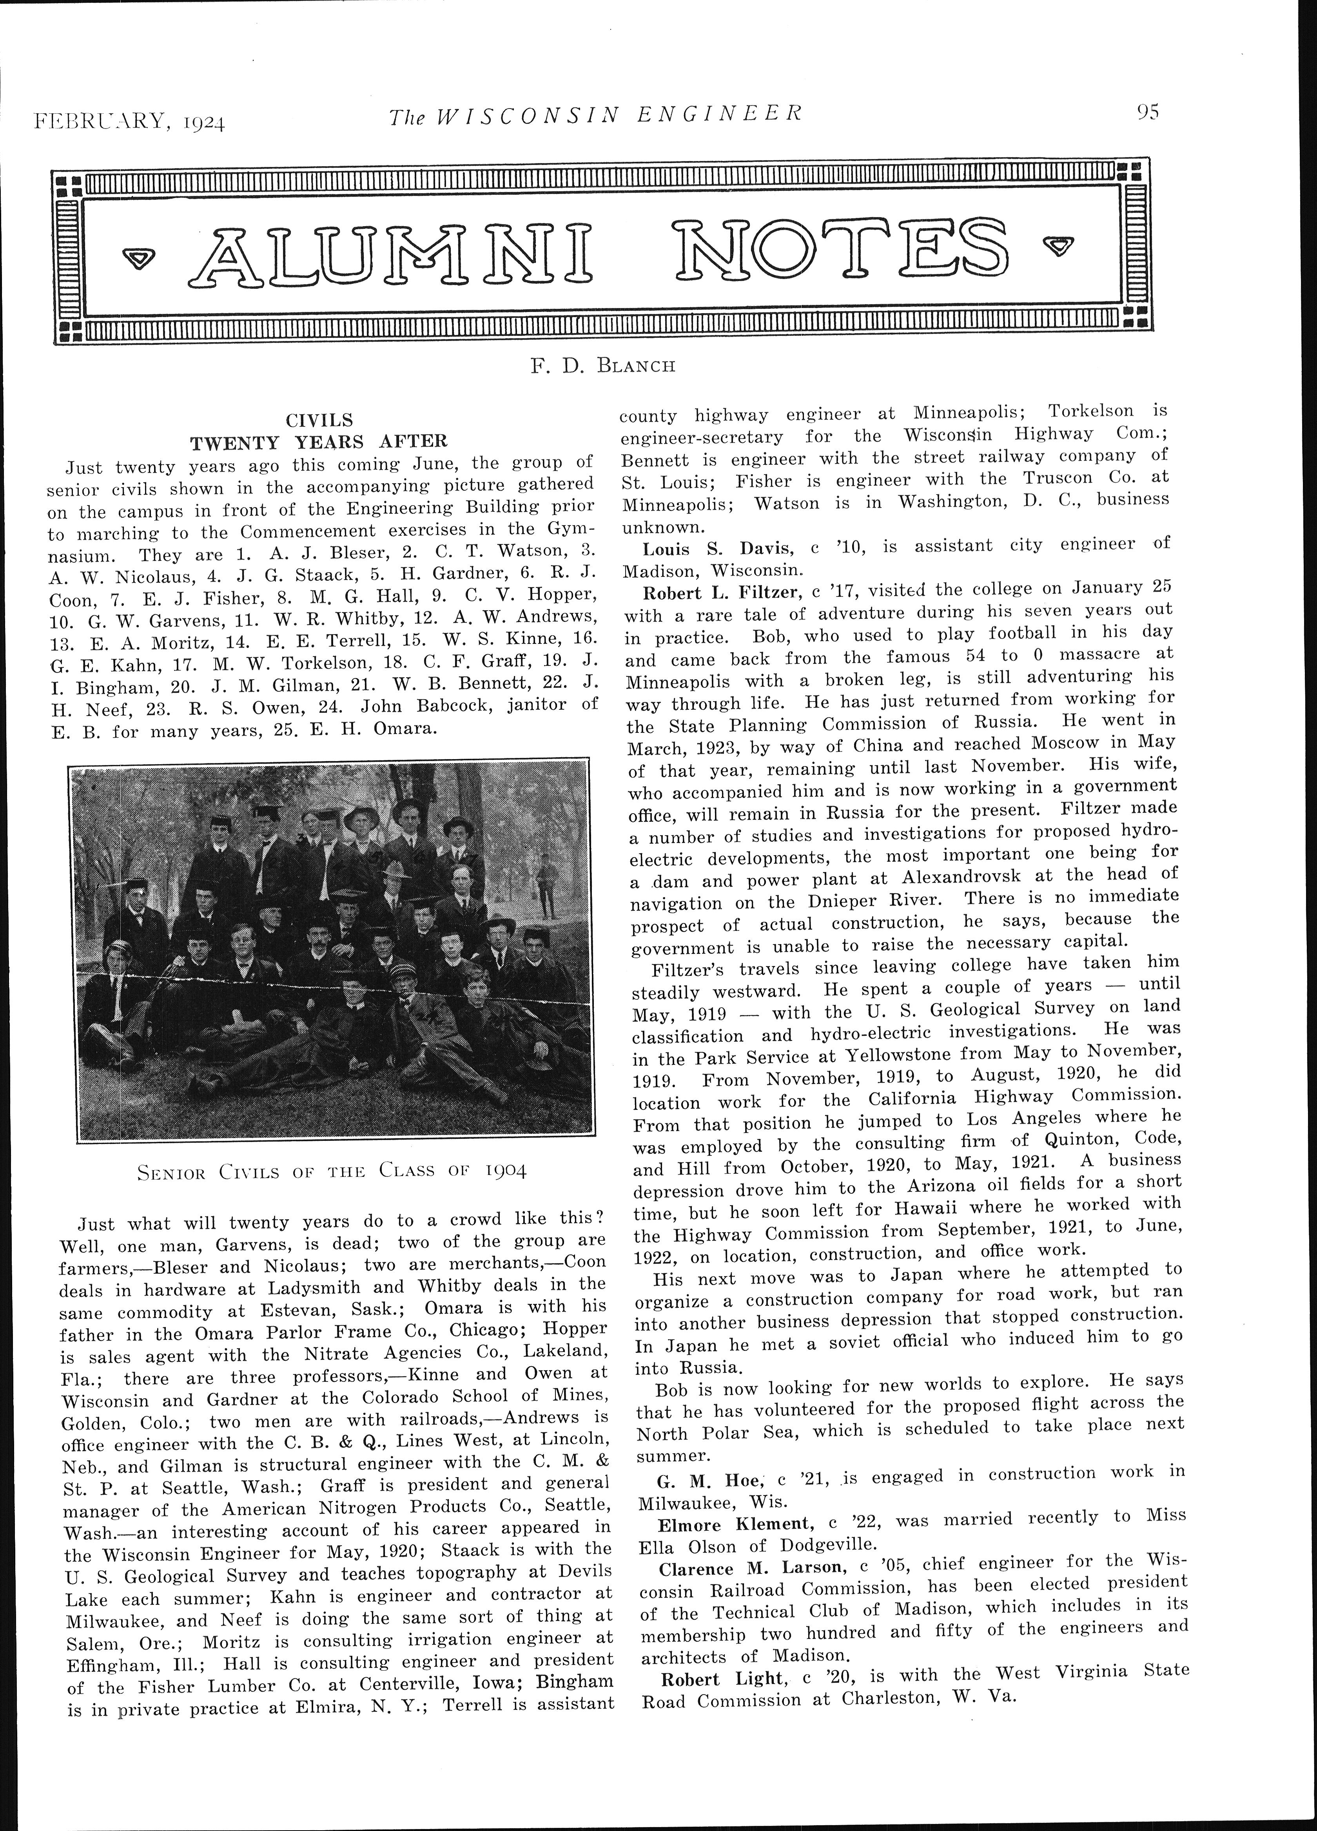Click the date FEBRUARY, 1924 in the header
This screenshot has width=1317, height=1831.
pyautogui.click(x=129, y=121)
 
